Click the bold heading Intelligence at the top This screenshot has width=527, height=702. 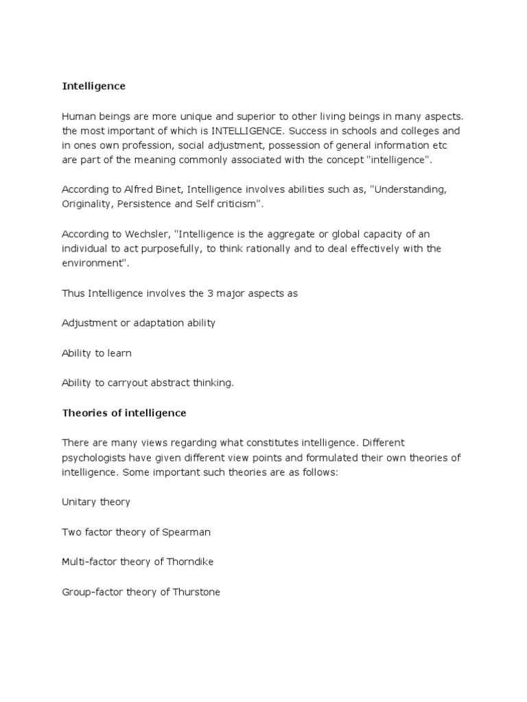point(94,86)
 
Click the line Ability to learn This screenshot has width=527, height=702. point(96,353)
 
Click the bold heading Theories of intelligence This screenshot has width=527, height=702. point(124,413)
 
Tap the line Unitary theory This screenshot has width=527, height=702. point(95,502)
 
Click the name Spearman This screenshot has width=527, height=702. point(187,531)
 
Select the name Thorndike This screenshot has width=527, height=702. point(189,561)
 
